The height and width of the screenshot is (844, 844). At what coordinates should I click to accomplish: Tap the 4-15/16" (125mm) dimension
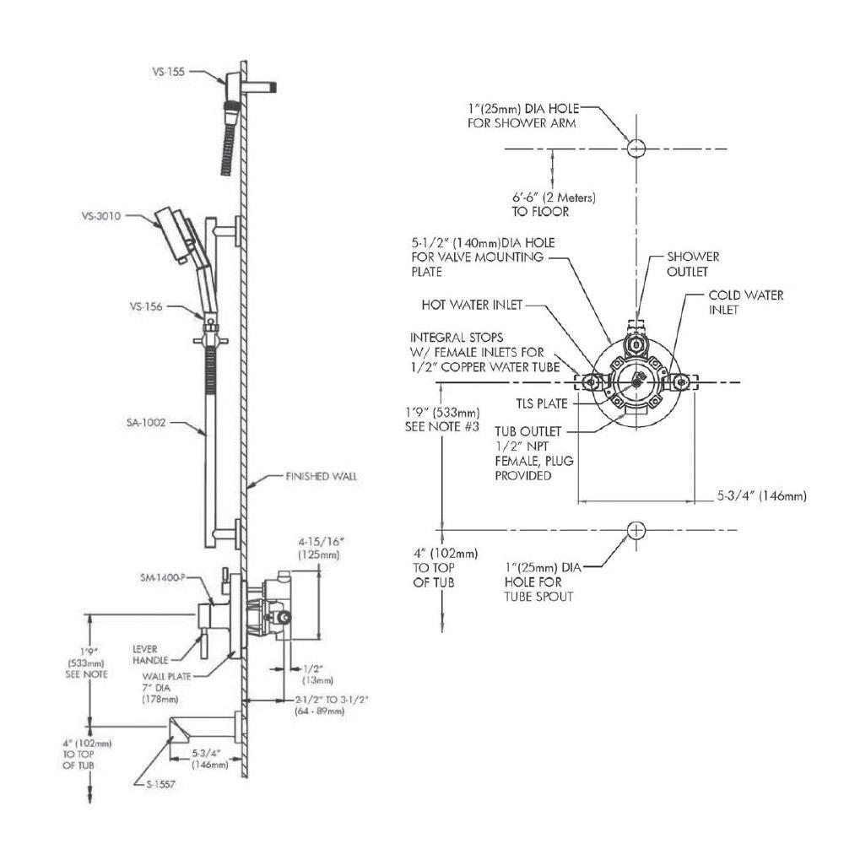click(318, 549)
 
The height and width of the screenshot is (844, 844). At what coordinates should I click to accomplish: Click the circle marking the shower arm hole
click(636, 148)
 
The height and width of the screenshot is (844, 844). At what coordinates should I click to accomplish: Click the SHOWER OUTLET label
click(693, 263)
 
